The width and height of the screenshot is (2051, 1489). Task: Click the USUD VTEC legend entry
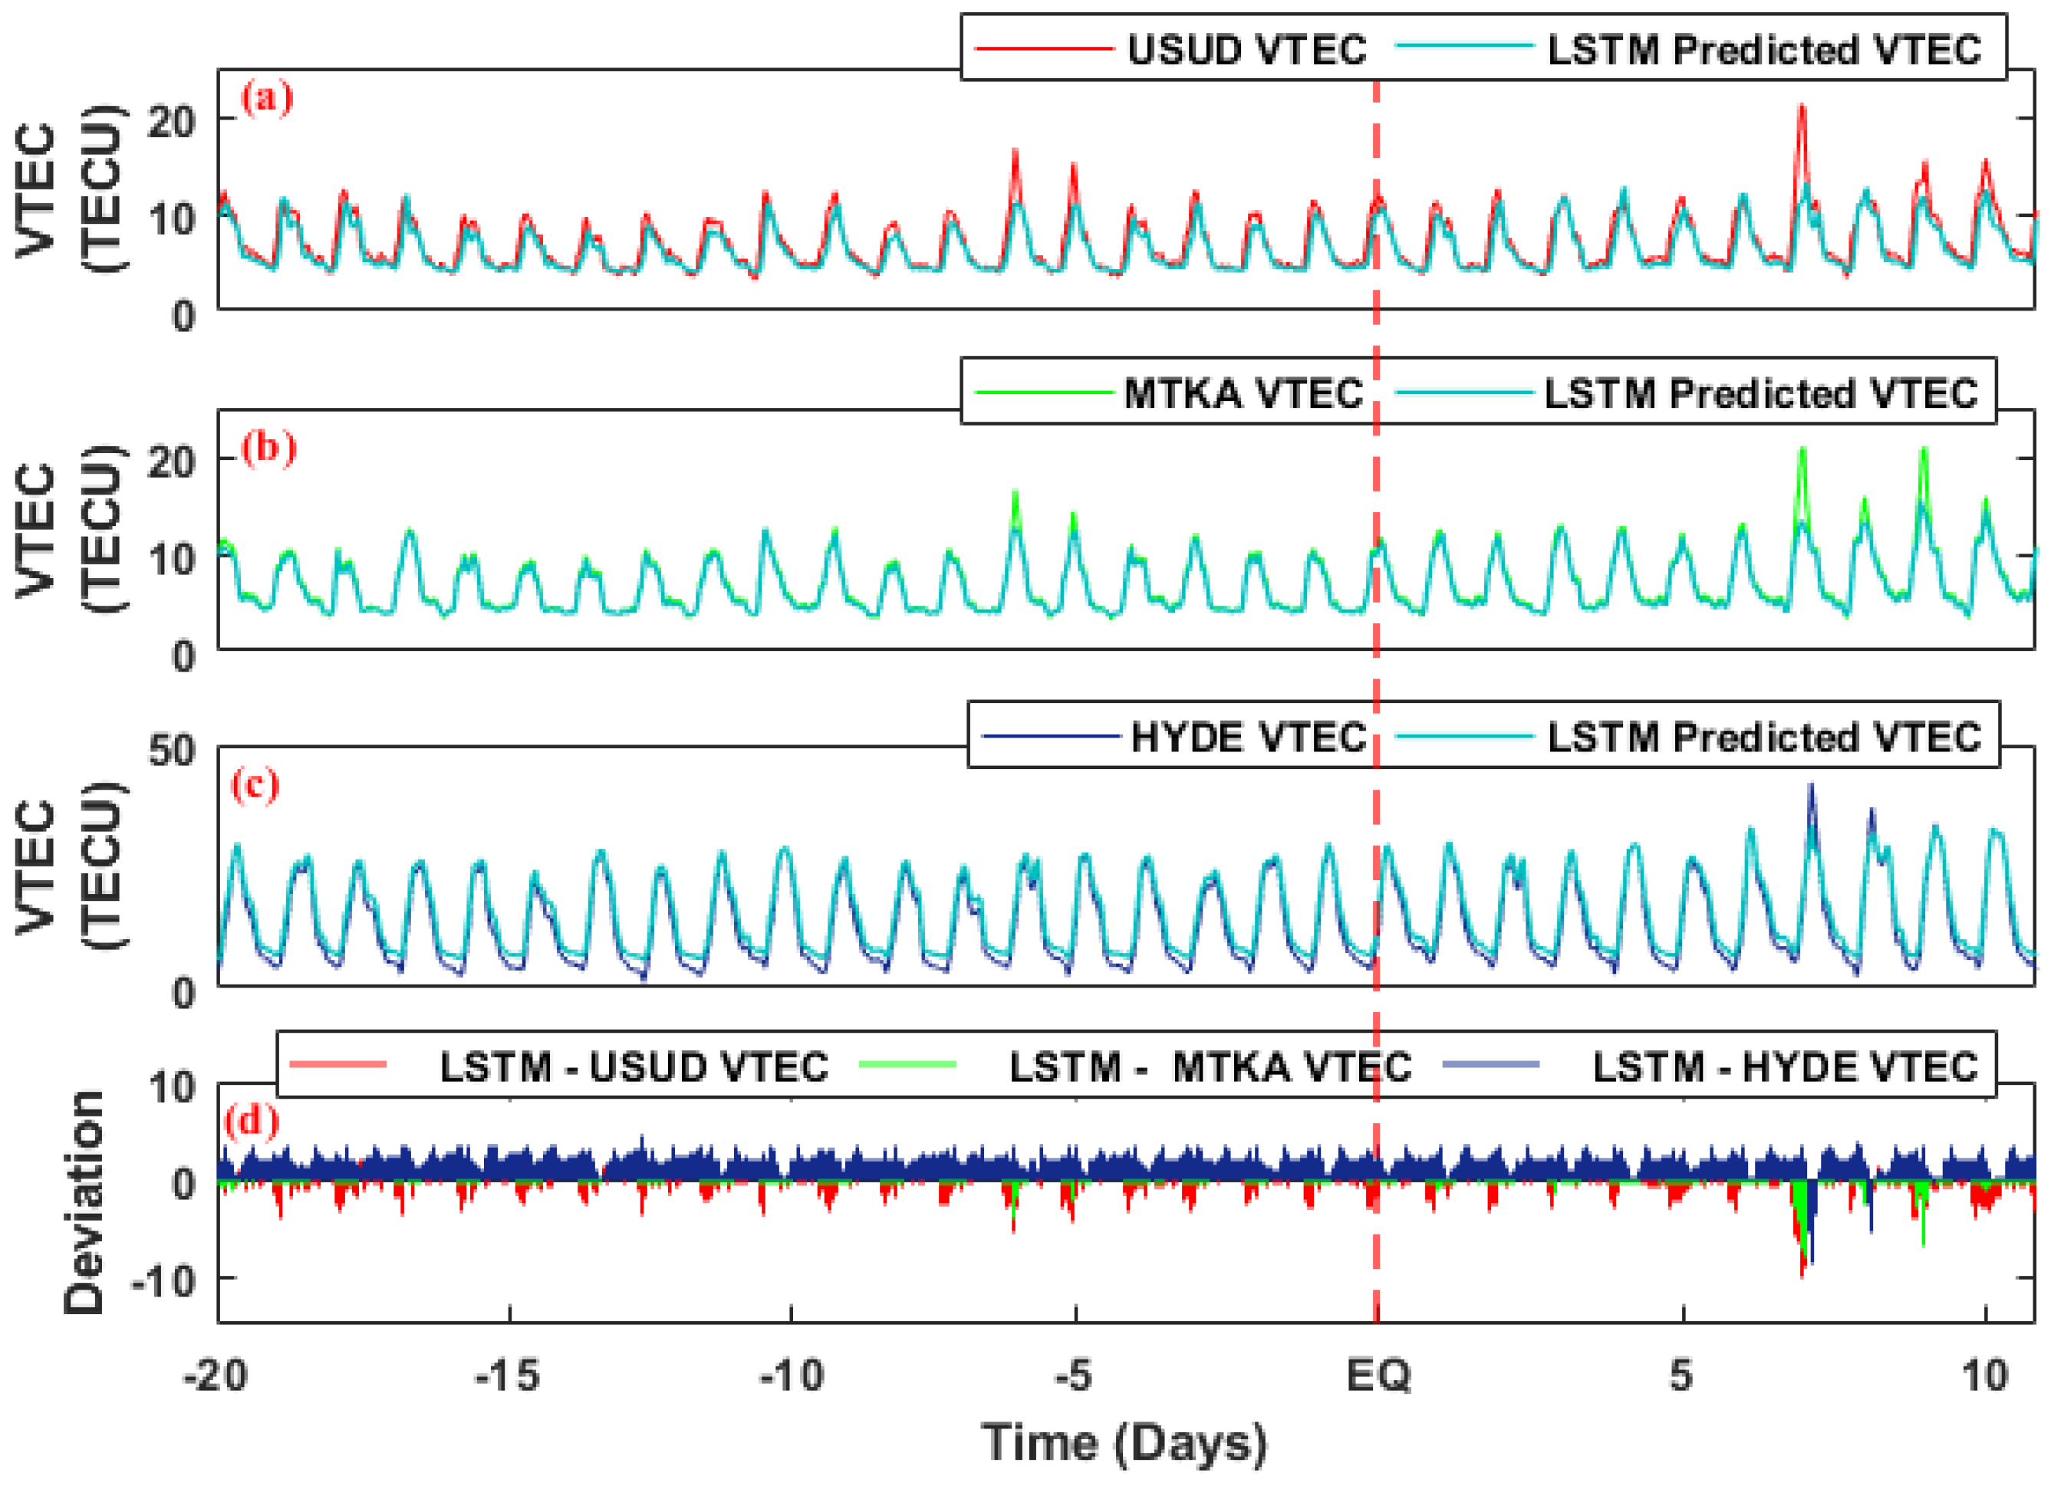1246,50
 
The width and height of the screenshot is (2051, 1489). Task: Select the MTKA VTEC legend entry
1243,394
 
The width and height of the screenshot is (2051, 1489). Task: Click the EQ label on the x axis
1378,1376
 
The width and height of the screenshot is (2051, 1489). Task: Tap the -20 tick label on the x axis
216,1376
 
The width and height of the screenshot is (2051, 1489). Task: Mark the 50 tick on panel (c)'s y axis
172,751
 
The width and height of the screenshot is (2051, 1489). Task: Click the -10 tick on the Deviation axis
163,1281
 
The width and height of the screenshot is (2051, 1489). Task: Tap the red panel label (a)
267,97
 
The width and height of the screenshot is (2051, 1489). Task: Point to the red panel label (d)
252,1121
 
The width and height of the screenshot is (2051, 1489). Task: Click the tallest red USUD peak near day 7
1802,108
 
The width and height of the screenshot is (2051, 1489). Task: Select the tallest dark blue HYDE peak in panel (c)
1810,787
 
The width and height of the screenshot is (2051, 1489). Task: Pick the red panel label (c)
255,784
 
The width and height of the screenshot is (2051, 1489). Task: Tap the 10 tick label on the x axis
1985,1376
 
